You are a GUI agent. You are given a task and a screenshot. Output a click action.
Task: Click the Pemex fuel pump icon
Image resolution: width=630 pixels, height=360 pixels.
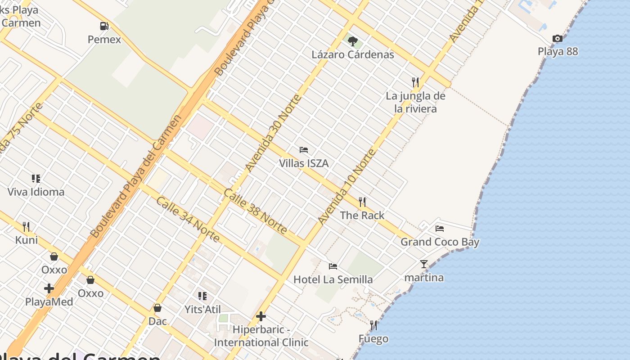coord(104,26)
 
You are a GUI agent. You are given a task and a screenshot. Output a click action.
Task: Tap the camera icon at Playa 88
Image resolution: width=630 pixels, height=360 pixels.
coord(558,39)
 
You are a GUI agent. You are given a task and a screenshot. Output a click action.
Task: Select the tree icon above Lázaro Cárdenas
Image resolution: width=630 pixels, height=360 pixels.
coord(353,41)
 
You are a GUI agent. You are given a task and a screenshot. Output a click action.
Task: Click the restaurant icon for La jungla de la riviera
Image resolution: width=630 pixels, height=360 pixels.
coord(415,82)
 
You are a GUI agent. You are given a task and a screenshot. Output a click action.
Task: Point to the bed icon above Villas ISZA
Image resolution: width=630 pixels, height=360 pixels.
coord(304,150)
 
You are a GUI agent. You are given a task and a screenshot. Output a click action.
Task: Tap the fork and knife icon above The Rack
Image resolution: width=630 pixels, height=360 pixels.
coord(362,202)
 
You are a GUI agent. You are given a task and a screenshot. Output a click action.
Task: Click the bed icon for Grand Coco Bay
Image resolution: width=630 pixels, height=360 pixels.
coord(440,229)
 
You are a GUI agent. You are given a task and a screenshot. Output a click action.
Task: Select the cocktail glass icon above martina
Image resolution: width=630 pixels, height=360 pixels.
coord(424,264)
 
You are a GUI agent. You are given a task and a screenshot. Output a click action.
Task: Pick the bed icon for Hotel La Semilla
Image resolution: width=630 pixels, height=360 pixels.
coord(333,266)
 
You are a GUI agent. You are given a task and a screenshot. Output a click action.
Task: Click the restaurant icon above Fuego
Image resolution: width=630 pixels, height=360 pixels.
coord(373,325)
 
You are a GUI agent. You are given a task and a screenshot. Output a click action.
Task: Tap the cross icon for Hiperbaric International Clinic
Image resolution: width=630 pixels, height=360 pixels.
coord(261,317)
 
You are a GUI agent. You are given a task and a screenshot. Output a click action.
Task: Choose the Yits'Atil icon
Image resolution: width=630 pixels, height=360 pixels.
coord(202,296)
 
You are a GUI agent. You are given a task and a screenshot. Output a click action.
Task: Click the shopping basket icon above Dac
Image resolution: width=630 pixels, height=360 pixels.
coord(157,308)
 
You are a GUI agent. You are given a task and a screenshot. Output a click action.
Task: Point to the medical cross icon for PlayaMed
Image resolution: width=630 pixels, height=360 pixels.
coord(49,288)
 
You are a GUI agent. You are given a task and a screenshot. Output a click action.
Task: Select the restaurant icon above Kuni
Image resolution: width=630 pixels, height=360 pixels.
coord(27,226)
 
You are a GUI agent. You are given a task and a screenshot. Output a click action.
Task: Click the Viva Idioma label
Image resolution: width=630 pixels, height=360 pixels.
coord(36,192)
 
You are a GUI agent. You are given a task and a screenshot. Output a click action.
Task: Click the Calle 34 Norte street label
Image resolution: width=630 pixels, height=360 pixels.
coord(188,219)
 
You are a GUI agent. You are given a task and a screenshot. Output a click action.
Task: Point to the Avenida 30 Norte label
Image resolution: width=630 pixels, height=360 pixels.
coord(272,133)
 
